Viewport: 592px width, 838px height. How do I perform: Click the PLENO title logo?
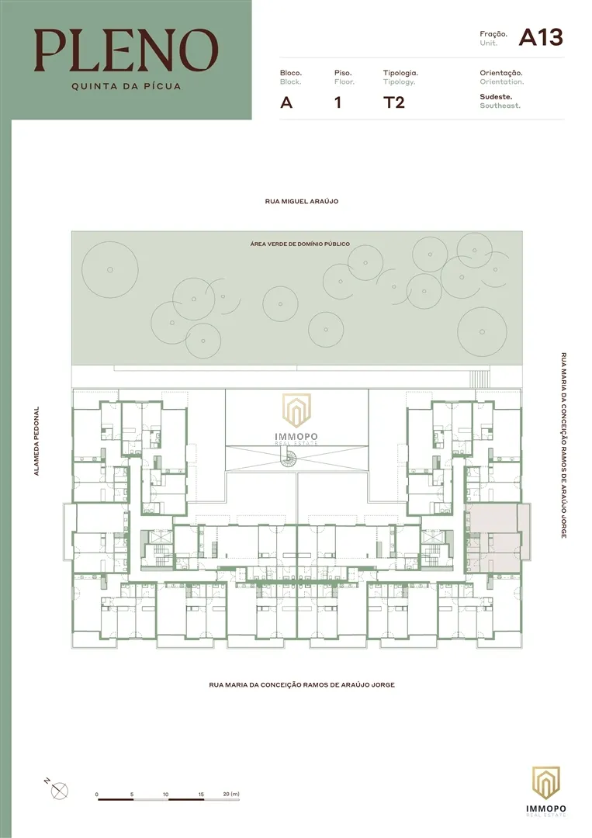click(x=126, y=50)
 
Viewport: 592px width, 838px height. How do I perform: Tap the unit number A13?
click(x=541, y=37)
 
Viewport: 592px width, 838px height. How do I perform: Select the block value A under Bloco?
click(x=286, y=102)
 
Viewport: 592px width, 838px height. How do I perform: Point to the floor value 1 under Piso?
click(x=338, y=102)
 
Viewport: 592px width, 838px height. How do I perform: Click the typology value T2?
click(x=394, y=102)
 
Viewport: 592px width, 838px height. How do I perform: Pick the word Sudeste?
click(x=496, y=97)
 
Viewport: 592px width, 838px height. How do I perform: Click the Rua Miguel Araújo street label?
click(x=302, y=202)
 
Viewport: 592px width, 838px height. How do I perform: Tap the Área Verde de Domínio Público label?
click(x=300, y=244)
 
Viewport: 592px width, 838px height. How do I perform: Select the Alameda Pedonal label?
click(x=37, y=441)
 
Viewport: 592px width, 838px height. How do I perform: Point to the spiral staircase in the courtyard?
click(x=290, y=458)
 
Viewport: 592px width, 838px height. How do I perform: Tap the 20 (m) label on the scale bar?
click(x=231, y=795)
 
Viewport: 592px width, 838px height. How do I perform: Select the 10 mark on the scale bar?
click(x=165, y=795)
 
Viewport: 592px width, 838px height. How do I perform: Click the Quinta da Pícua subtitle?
click(x=126, y=86)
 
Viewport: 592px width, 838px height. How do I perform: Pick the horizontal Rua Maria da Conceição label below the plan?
click(x=302, y=684)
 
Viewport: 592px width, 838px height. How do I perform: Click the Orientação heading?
click(x=501, y=73)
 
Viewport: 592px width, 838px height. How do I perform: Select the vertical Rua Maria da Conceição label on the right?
click(x=564, y=445)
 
